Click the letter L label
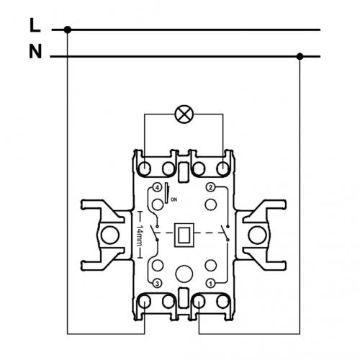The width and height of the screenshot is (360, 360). point(35,25)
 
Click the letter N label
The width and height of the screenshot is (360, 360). point(35,51)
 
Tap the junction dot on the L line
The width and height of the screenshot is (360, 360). point(68,30)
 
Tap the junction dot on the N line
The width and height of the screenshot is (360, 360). point(300,57)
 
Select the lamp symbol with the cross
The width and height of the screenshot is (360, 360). point(184,114)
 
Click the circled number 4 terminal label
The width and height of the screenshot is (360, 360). point(157,187)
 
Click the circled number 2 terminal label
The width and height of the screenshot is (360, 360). point(210,187)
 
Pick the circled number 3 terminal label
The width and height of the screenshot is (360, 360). point(157,284)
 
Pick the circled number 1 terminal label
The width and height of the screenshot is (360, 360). point(210,284)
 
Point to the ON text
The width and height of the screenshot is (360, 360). point(174,199)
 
